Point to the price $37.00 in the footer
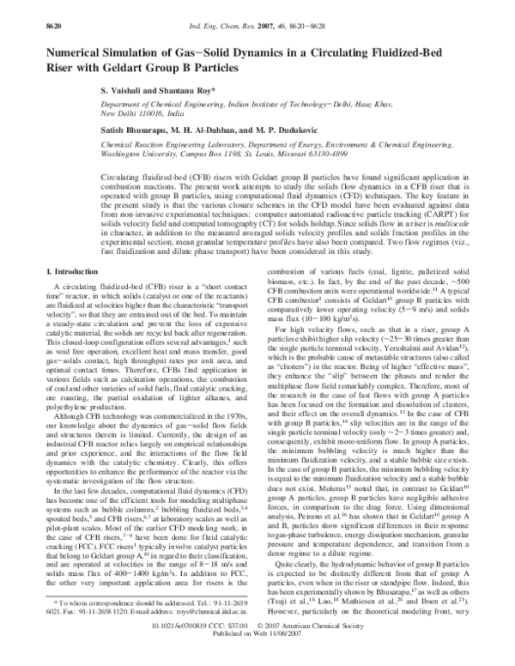point(243,637)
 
